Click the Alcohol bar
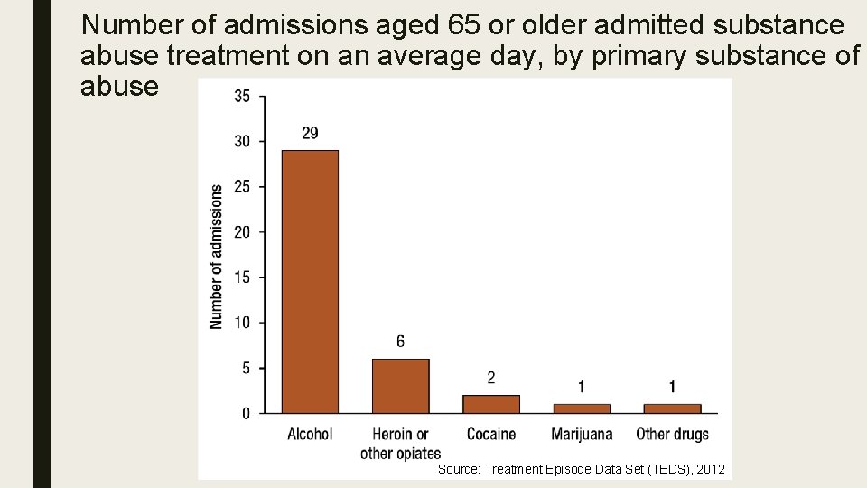pyautogui.click(x=310, y=281)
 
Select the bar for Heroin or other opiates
pyautogui.click(x=400, y=386)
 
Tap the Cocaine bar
pyautogui.click(x=491, y=404)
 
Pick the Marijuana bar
pyautogui.click(x=582, y=408)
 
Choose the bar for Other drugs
pyautogui.click(x=672, y=408)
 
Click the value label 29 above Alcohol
pyautogui.click(x=310, y=134)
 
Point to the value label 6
pyautogui.click(x=400, y=342)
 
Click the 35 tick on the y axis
pyautogui.click(x=242, y=97)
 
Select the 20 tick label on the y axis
pyautogui.click(x=242, y=232)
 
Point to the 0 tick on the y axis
pyautogui.click(x=246, y=414)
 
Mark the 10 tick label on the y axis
pyautogui.click(x=242, y=323)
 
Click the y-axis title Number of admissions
pyautogui.click(x=217, y=258)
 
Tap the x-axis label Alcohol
pyautogui.click(x=310, y=435)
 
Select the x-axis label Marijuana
pyautogui.click(x=582, y=435)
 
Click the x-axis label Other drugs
pyautogui.click(x=672, y=435)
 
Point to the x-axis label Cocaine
pyautogui.click(x=491, y=435)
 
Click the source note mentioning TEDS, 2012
pyautogui.click(x=581, y=470)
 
